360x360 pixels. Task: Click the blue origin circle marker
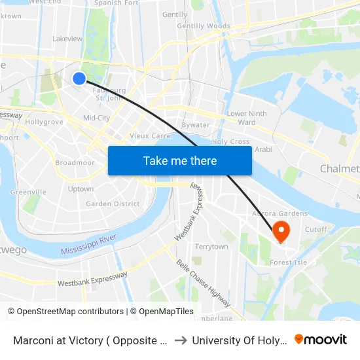pyautogui.click(x=79, y=79)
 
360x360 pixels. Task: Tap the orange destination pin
pyautogui.click(x=281, y=231)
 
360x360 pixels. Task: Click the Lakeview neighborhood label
pyautogui.click(x=67, y=39)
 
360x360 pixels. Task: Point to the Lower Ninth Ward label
pyautogui.click(x=247, y=118)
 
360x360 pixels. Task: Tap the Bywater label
pyautogui.click(x=196, y=125)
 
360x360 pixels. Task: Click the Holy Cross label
pyautogui.click(x=231, y=141)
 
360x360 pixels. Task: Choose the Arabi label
pyautogui.click(x=263, y=149)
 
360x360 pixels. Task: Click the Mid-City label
pyautogui.click(x=96, y=118)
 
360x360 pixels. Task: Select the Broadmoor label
pyautogui.click(x=75, y=162)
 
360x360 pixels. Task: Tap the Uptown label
pyautogui.click(x=81, y=189)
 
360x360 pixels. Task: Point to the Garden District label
pyautogui.click(x=113, y=204)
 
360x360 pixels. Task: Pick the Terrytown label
pyautogui.click(x=211, y=247)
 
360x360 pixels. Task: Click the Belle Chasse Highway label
pyautogui.click(x=203, y=283)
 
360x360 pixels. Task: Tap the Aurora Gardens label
pyautogui.click(x=280, y=214)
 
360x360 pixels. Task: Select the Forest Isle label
pyautogui.click(x=289, y=262)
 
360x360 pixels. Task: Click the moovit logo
pyautogui.click(x=321, y=340)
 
